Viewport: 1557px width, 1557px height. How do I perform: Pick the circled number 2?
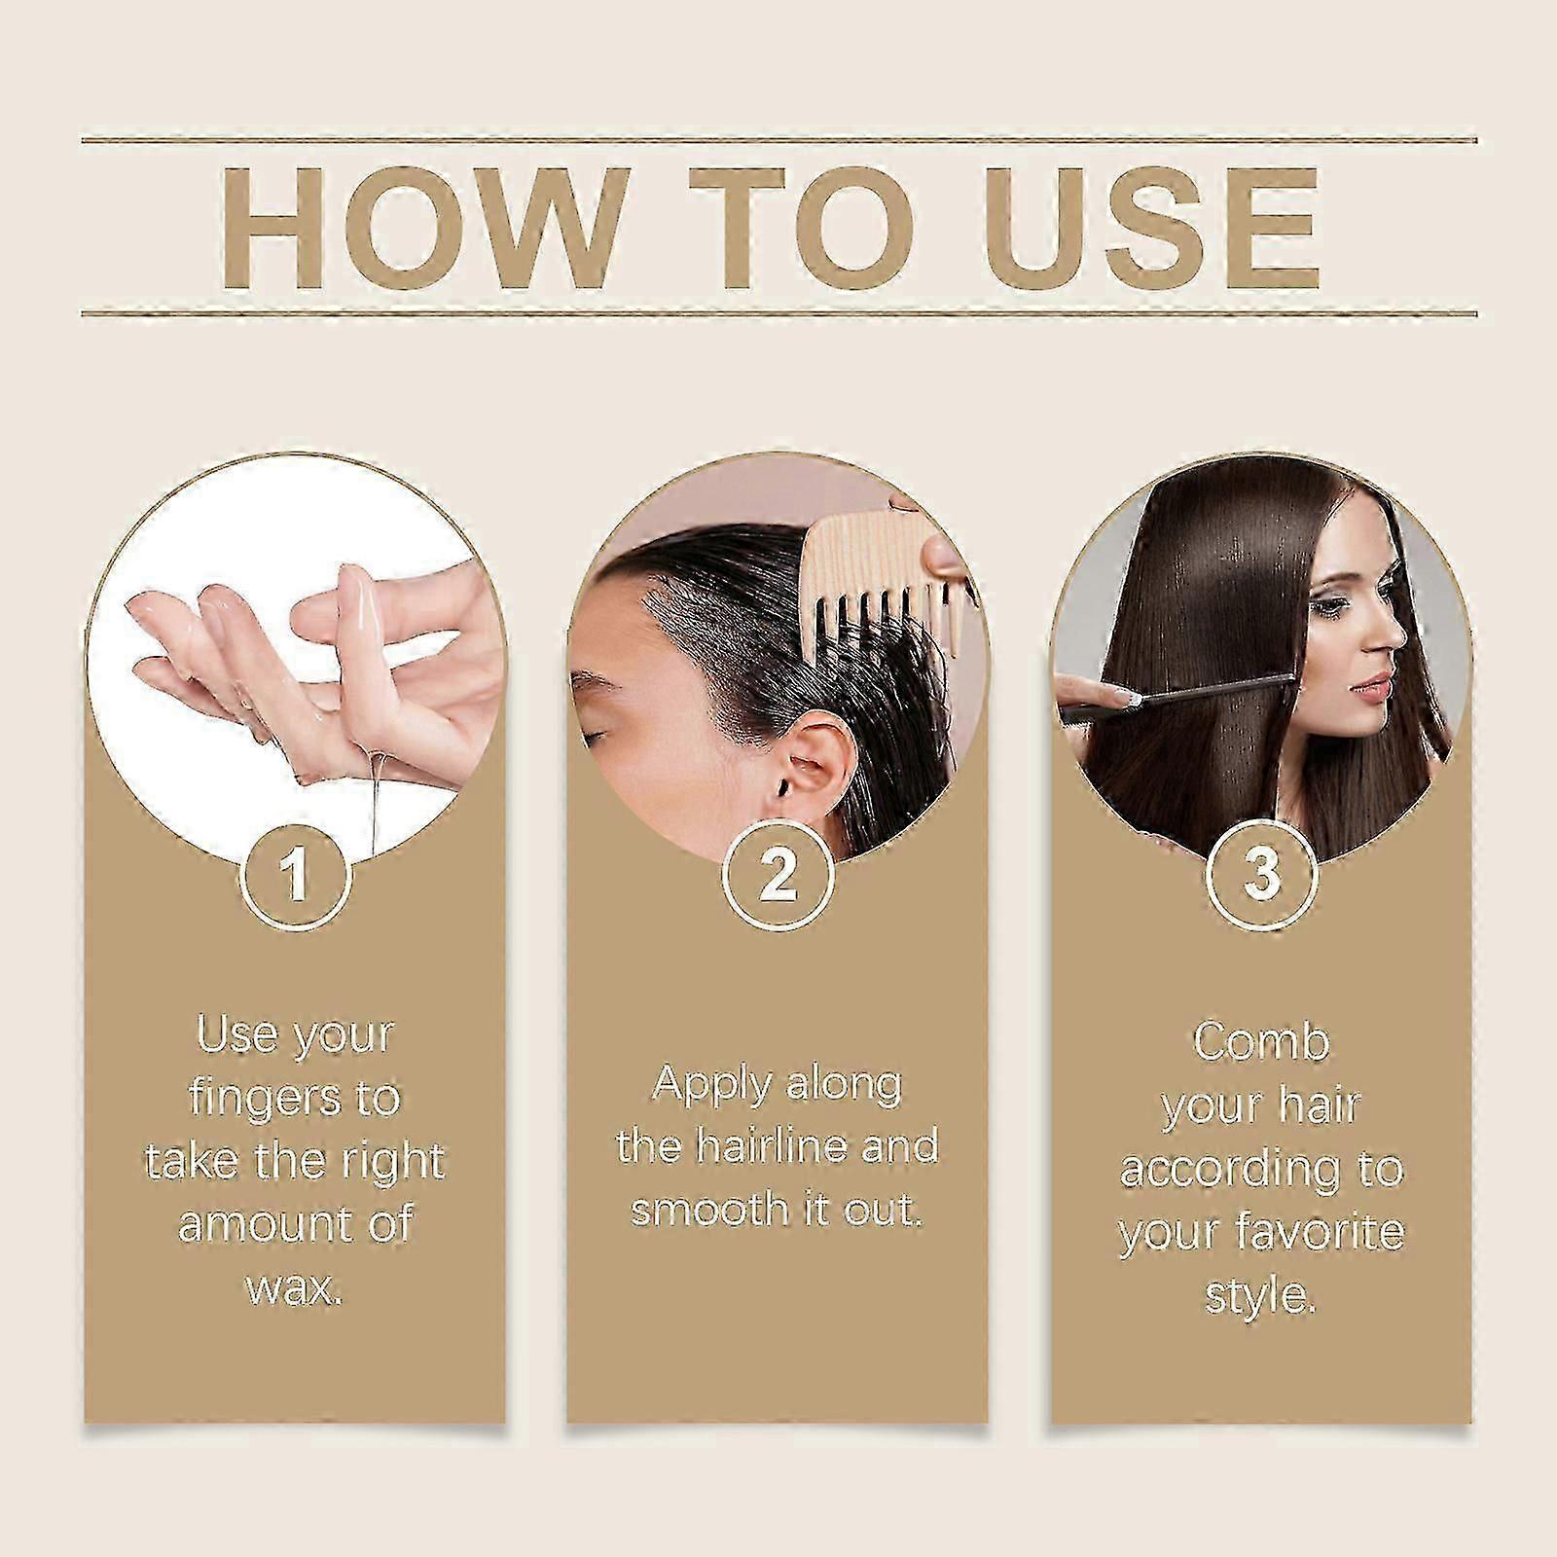pyautogui.click(x=778, y=873)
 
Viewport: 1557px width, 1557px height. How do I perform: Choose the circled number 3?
pyautogui.click(x=1261, y=873)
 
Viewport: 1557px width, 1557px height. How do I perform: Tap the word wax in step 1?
pyautogui.click(x=294, y=1289)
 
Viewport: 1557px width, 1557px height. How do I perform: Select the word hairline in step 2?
pyautogui.click(x=783, y=1146)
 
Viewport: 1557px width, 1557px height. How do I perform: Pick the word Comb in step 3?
pyautogui.click(x=1260, y=1041)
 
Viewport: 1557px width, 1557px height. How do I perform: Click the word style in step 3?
pyautogui.click(x=1260, y=1296)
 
